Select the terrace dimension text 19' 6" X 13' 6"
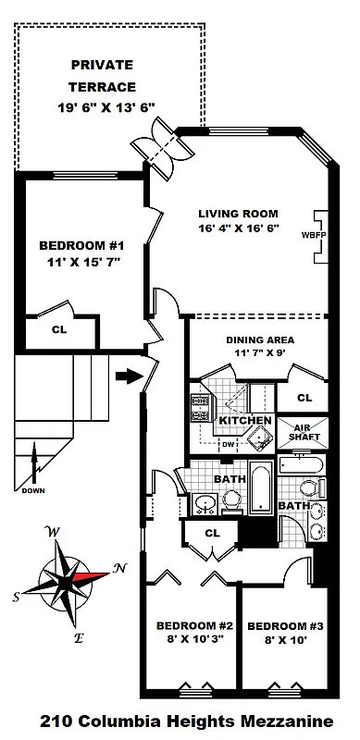pyautogui.click(x=102, y=106)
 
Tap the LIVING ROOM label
pyautogui.click(x=238, y=213)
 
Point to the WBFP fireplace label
pyautogui.click(x=306, y=235)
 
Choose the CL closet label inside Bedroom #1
pyautogui.click(x=59, y=327)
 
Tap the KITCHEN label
pyautogui.click(x=244, y=421)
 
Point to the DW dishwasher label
pyautogui.click(x=227, y=444)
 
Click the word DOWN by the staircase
pyautogui.click(x=32, y=491)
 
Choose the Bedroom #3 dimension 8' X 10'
pyautogui.click(x=283, y=637)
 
